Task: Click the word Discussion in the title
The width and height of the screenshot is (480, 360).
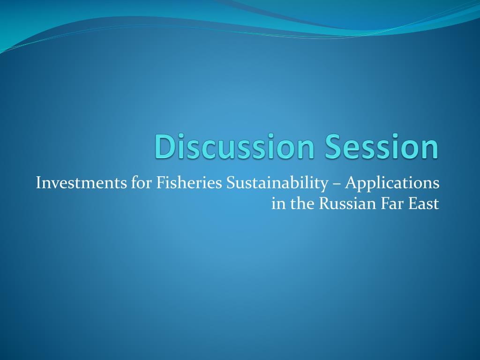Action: click(235, 146)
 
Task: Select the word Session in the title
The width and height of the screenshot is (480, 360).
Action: click(382, 146)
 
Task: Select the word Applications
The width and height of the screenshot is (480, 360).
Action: click(392, 184)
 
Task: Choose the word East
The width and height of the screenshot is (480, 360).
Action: click(424, 204)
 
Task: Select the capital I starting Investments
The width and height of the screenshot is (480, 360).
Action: click(39, 183)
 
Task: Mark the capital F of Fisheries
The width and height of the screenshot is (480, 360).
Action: click(160, 183)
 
